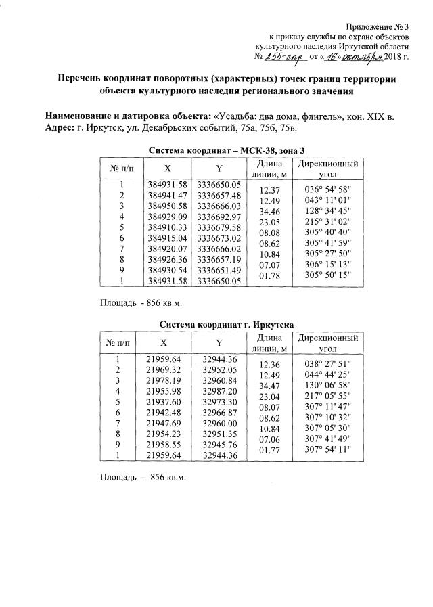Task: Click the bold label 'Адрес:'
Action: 60,127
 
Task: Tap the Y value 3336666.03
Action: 218,205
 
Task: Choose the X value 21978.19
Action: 165,381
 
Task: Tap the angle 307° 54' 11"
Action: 327,449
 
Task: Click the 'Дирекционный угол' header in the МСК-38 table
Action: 327,169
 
